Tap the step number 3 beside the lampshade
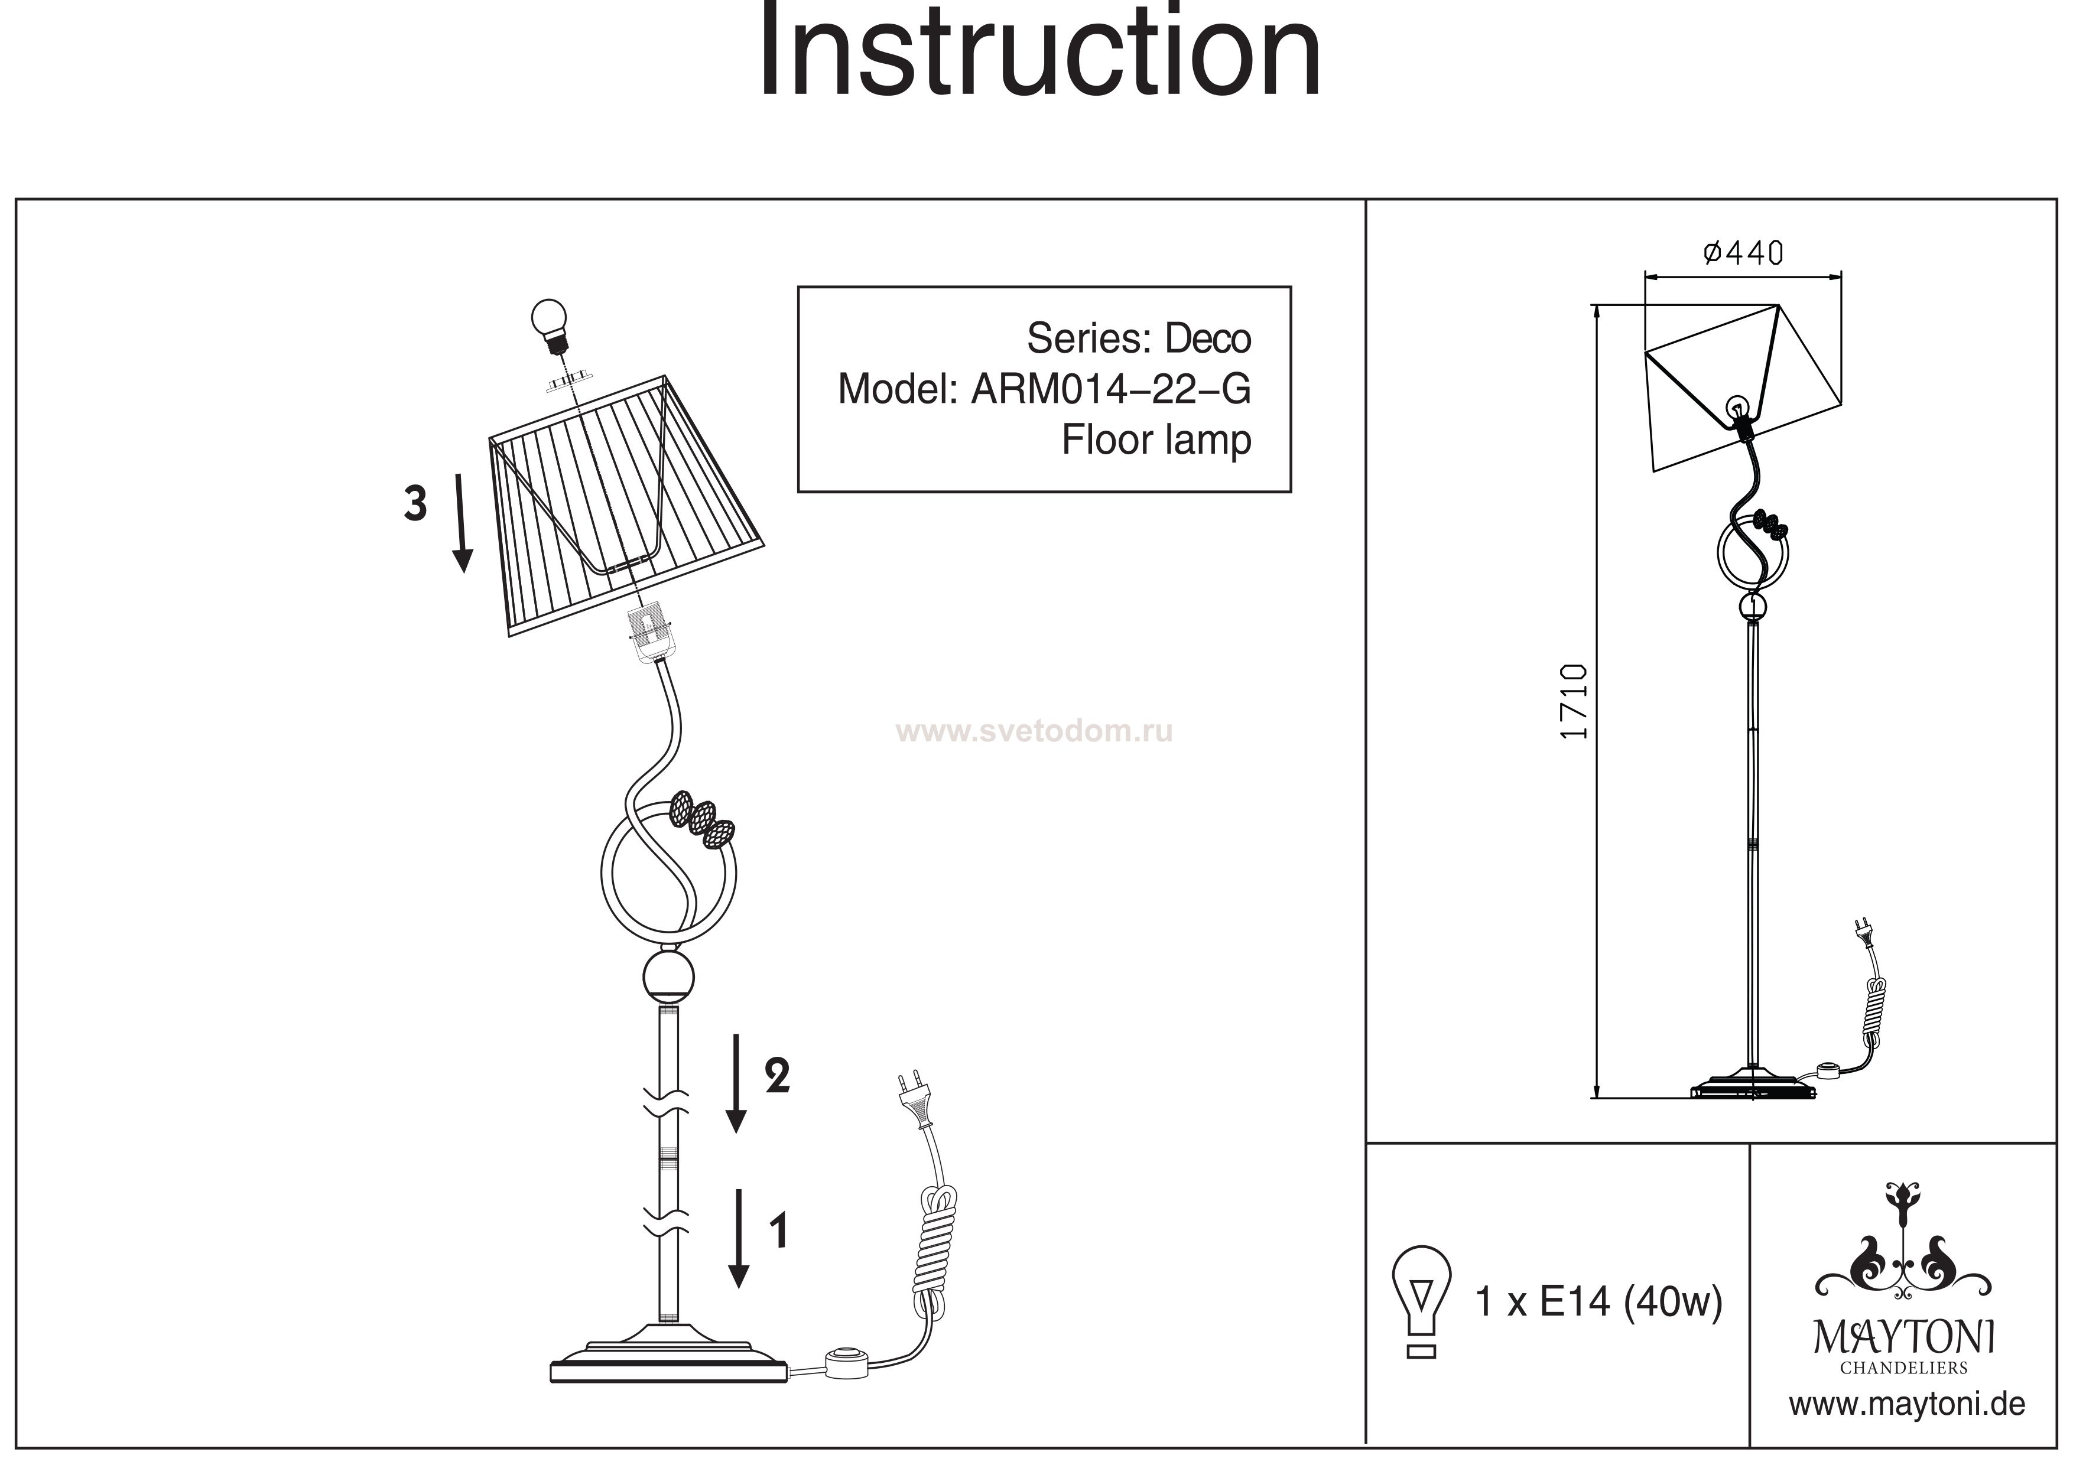415,504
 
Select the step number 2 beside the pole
778,1076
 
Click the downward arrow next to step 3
462,523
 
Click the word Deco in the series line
1208,338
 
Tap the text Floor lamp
1156,441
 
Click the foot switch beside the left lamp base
846,1361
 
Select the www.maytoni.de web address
1907,1405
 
